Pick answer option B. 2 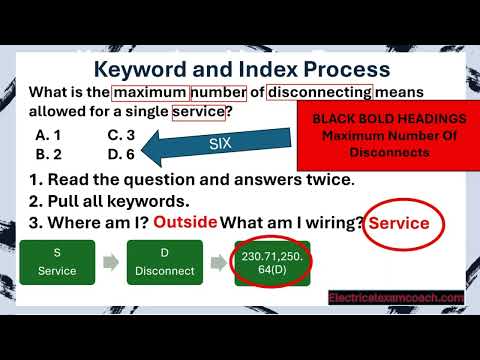click(x=49, y=155)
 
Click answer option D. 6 click(x=121, y=155)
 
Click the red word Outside click(x=185, y=222)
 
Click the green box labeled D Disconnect click(x=169, y=262)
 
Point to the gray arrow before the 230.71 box click(x=224, y=263)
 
